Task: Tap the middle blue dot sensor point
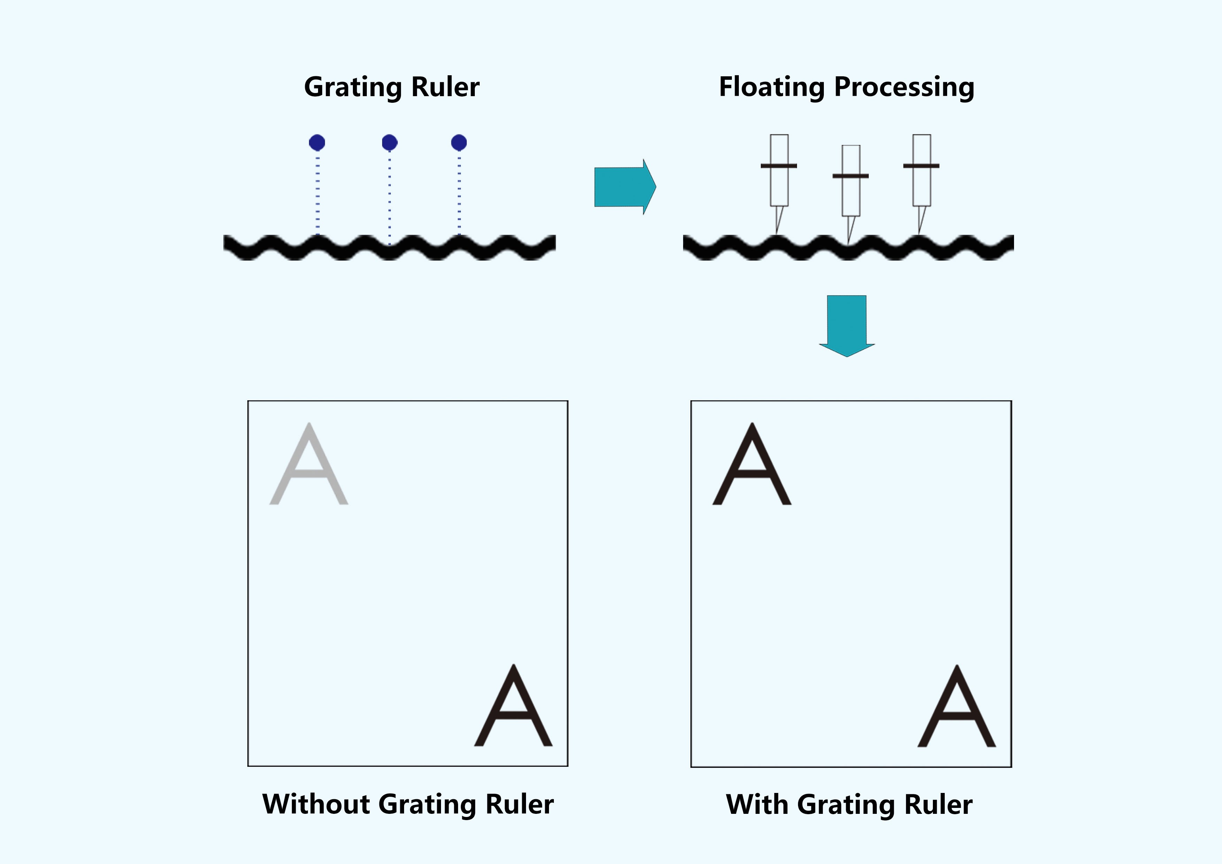point(389,143)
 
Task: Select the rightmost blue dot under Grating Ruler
point(459,143)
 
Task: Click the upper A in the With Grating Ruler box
point(752,465)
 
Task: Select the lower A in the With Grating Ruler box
point(957,708)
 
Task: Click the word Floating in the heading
point(772,87)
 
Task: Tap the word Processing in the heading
point(904,87)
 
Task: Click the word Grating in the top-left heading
point(353,87)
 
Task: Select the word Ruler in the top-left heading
point(446,87)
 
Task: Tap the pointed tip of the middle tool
point(848,242)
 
